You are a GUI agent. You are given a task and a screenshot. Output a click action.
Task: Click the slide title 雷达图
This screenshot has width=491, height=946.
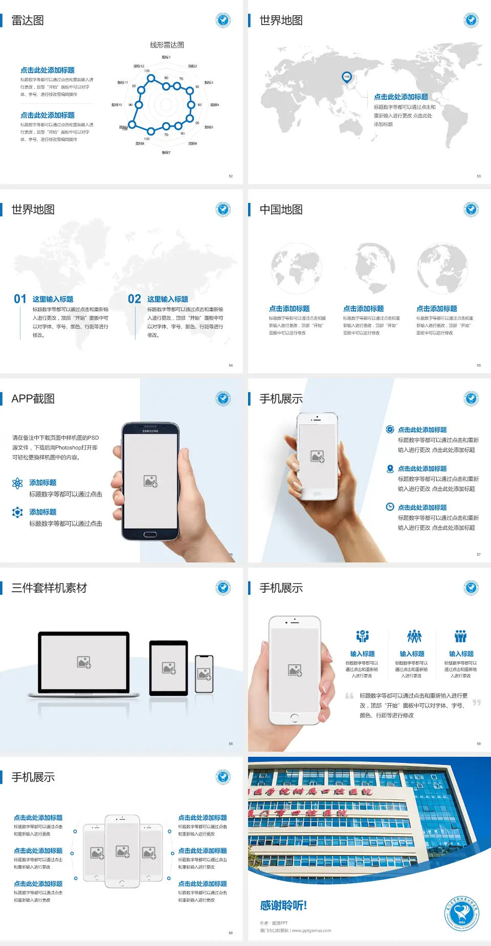28,20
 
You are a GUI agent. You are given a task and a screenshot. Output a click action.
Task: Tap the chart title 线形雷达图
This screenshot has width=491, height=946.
167,45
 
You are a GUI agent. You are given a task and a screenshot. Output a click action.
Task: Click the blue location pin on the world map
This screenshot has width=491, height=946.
347,77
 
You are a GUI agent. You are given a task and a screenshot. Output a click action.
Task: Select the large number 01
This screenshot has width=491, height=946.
20,299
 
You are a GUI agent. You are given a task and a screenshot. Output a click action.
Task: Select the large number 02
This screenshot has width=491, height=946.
135,299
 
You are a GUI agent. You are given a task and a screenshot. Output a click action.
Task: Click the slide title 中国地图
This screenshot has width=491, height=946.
281,210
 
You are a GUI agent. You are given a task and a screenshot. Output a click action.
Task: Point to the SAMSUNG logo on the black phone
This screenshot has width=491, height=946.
150,431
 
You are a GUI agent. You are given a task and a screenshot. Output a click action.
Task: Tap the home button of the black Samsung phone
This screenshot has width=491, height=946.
150,534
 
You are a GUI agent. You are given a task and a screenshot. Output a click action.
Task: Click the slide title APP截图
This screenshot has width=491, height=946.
33,399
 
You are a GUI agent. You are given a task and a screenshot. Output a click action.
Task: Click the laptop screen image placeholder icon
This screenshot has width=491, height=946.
84,662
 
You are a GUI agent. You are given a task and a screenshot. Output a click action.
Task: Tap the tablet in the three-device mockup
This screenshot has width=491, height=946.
169,668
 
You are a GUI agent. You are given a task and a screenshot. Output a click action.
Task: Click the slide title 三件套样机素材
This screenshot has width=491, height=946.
49,588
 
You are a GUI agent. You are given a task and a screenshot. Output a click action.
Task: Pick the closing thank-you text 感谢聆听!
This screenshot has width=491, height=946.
283,906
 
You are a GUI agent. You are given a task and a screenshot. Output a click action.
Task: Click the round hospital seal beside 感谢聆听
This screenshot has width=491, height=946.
462,914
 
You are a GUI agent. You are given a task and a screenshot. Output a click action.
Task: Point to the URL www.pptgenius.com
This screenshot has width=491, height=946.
311,931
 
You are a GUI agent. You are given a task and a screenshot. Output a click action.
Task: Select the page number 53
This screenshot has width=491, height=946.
479,176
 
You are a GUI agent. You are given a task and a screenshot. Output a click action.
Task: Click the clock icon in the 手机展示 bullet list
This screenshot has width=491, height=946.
390,507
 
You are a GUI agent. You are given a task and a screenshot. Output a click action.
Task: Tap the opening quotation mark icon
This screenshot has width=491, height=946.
349,696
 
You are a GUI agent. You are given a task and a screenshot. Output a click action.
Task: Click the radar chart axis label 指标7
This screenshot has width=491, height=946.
166,152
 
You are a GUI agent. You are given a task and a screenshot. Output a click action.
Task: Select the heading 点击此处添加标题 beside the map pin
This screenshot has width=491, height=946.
401,97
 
